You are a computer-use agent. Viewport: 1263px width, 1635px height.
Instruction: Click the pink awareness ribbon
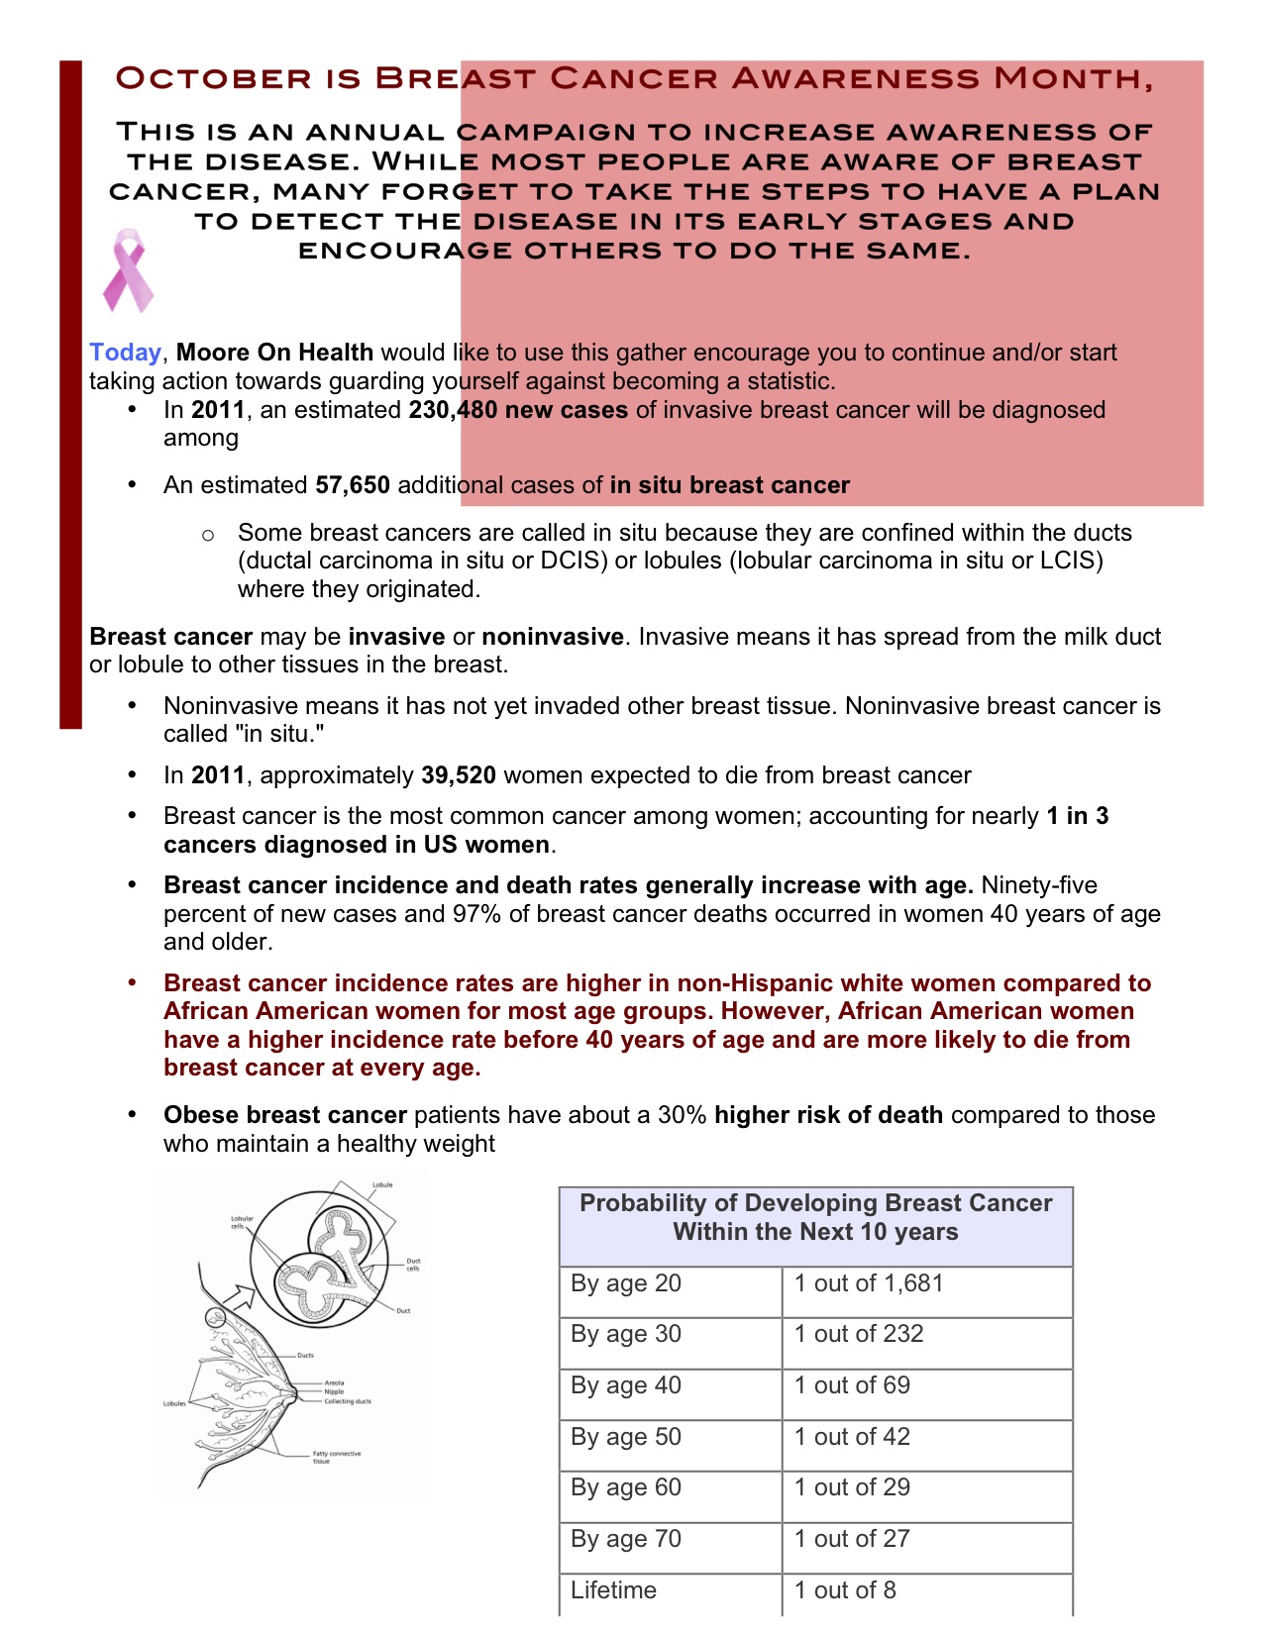click(x=128, y=270)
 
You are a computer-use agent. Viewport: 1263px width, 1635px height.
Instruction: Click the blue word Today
click(x=125, y=353)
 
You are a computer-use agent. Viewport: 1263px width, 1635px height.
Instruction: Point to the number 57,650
click(x=353, y=485)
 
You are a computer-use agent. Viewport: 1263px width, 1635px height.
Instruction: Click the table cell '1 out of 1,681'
click(x=869, y=1283)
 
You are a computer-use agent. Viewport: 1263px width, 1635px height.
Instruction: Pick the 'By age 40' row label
click(x=626, y=1385)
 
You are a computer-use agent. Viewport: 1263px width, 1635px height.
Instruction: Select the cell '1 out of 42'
click(x=852, y=1437)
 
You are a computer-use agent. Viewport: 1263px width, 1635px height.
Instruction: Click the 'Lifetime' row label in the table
click(x=613, y=1590)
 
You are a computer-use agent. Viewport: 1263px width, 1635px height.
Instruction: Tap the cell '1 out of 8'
click(x=845, y=1590)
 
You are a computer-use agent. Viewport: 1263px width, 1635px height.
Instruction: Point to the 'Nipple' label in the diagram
click(x=334, y=1391)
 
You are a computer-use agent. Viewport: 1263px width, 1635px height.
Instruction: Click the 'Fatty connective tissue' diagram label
click(x=337, y=1457)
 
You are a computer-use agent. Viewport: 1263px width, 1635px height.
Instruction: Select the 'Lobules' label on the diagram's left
click(x=174, y=1403)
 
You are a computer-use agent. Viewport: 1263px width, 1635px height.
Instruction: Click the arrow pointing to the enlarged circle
click(x=238, y=1293)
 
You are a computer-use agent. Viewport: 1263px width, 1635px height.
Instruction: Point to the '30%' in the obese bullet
click(x=683, y=1115)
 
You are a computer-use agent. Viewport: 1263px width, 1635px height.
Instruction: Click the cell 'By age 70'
click(x=626, y=1539)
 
